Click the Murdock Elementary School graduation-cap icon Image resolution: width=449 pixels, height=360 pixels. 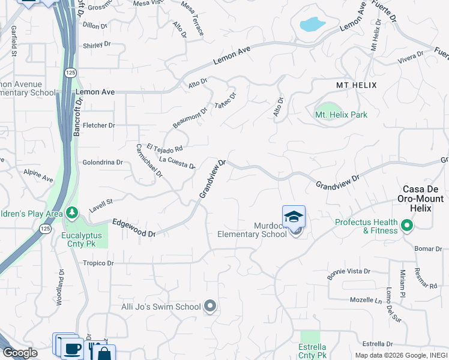pos(294,217)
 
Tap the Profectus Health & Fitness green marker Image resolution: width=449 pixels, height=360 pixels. pos(407,226)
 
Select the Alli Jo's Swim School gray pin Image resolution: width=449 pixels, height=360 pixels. pos(209,307)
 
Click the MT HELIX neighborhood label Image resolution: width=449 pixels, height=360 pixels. pos(356,85)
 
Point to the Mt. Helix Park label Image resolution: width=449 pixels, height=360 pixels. pos(341,115)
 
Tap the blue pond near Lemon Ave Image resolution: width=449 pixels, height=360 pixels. pos(312,25)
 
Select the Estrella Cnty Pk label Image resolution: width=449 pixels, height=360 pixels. pos(312,351)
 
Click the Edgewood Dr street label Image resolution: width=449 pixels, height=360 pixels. pos(133,227)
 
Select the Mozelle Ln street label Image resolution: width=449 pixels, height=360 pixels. pos(367,299)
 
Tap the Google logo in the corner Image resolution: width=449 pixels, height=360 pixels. pos(20,352)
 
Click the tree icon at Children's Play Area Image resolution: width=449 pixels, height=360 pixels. pos(72,213)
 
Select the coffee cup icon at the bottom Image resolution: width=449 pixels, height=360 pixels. pos(72,349)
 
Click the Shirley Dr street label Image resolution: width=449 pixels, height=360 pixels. pos(97,44)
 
